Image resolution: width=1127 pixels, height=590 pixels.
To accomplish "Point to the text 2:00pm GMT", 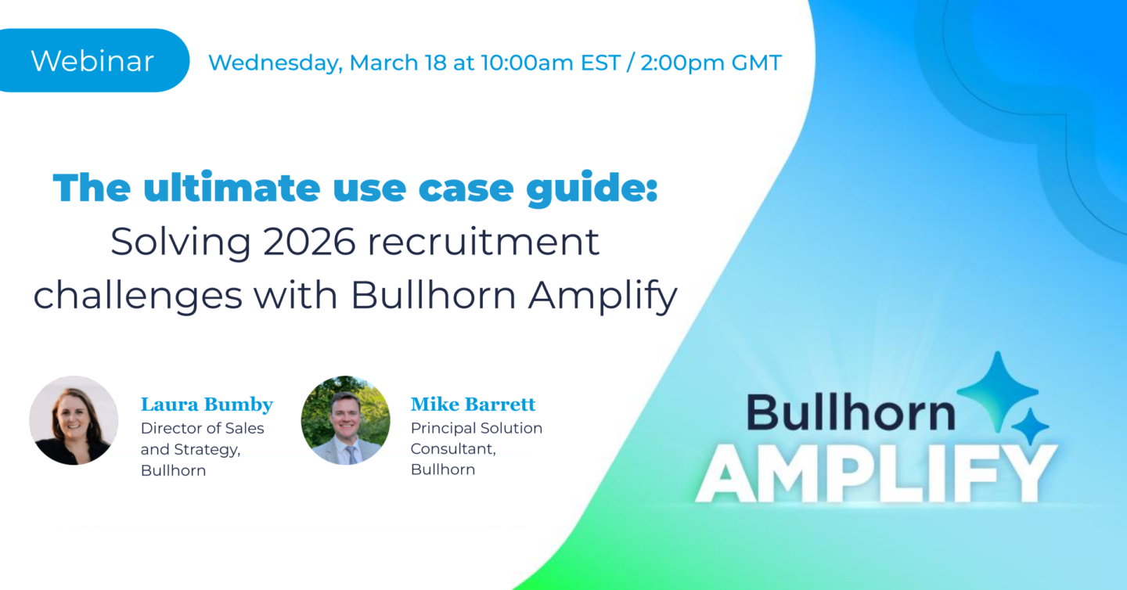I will pos(711,63).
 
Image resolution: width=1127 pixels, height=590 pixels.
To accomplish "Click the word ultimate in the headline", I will pos(230,188).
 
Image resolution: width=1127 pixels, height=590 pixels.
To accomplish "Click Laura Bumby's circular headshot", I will pos(74,420).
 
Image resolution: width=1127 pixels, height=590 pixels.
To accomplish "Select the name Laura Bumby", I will pos(207,405).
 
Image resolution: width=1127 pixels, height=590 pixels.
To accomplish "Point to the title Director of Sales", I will pos(202,428).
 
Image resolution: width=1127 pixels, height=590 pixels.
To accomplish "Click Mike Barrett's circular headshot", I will pos(345,420).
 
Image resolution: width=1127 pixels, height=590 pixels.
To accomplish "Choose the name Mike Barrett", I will pos(473,405).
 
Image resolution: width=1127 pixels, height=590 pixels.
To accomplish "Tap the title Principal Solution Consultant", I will pos(476,438).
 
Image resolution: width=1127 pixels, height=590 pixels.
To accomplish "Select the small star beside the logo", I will pos(1029,427).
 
